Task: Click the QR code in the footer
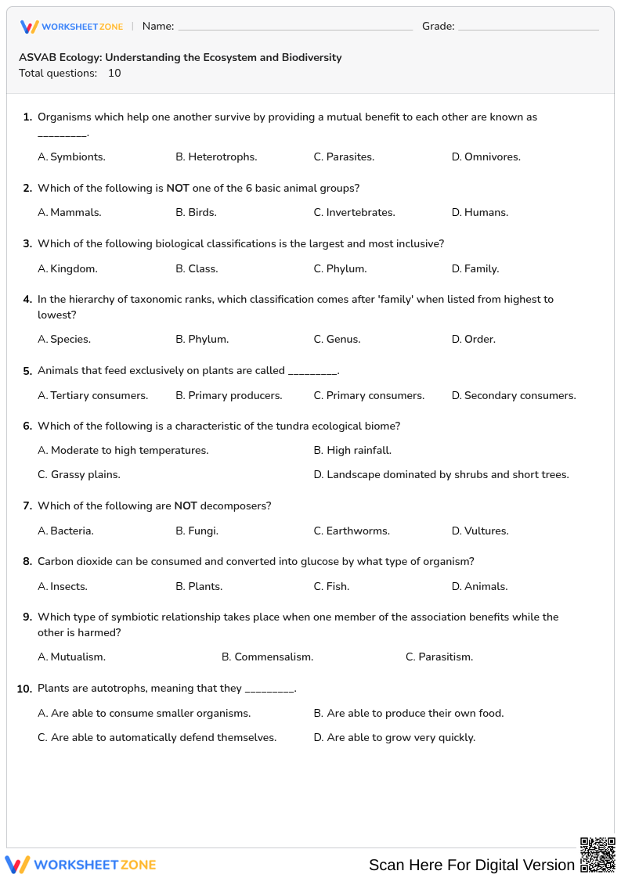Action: pyautogui.click(x=597, y=855)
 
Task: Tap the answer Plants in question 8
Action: pyautogui.click(x=205, y=586)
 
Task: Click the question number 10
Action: pyautogui.click(x=24, y=689)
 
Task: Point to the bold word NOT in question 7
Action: pyautogui.click(x=186, y=506)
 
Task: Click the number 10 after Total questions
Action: pyautogui.click(x=114, y=74)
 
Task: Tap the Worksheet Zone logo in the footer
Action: pyautogui.click(x=81, y=865)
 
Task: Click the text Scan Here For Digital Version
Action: pyautogui.click(x=471, y=865)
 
